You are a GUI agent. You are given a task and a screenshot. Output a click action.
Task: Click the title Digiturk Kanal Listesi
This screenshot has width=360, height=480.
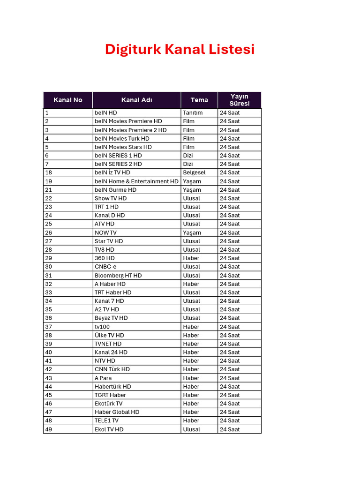click(x=180, y=49)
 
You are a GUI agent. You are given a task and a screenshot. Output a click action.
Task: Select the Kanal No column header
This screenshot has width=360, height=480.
click(x=68, y=100)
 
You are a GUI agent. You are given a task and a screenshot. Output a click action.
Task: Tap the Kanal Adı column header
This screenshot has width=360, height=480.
click(x=136, y=100)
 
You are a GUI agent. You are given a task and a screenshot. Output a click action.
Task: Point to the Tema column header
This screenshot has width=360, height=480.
click(x=199, y=100)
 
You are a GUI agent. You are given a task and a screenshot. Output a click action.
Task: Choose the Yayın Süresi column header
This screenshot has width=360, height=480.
click(x=240, y=100)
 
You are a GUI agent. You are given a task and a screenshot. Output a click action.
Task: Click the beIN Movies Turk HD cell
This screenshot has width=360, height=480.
click(x=122, y=138)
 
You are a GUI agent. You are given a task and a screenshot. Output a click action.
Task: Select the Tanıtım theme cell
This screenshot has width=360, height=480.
click(x=193, y=112)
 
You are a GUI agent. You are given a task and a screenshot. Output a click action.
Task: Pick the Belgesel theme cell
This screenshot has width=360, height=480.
click(x=194, y=172)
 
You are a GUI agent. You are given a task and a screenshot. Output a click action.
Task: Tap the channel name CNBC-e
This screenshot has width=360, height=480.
click(x=105, y=267)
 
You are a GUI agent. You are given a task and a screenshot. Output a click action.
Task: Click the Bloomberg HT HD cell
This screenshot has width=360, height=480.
click(x=118, y=276)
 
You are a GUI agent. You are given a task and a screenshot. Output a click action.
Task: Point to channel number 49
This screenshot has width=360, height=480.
click(x=49, y=429)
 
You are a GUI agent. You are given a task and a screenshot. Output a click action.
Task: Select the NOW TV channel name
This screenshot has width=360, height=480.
click(x=105, y=232)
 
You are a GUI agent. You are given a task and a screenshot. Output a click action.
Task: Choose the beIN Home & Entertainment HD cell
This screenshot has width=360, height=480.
click(x=136, y=181)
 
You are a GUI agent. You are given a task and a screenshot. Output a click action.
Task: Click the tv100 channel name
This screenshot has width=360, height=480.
click(x=102, y=327)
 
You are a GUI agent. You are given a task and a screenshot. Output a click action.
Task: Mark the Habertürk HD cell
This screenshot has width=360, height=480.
click(x=113, y=387)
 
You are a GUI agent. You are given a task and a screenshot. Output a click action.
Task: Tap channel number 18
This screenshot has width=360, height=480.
click(x=49, y=172)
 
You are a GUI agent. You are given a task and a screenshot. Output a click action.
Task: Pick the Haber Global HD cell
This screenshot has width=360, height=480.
click(x=117, y=412)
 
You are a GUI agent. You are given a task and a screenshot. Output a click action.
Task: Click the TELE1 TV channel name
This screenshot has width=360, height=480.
click(x=106, y=420)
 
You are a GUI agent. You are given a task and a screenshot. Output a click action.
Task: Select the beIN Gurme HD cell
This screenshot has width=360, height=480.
click(x=115, y=190)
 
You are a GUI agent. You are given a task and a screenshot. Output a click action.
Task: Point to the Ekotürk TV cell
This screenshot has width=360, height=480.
click(x=108, y=404)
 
